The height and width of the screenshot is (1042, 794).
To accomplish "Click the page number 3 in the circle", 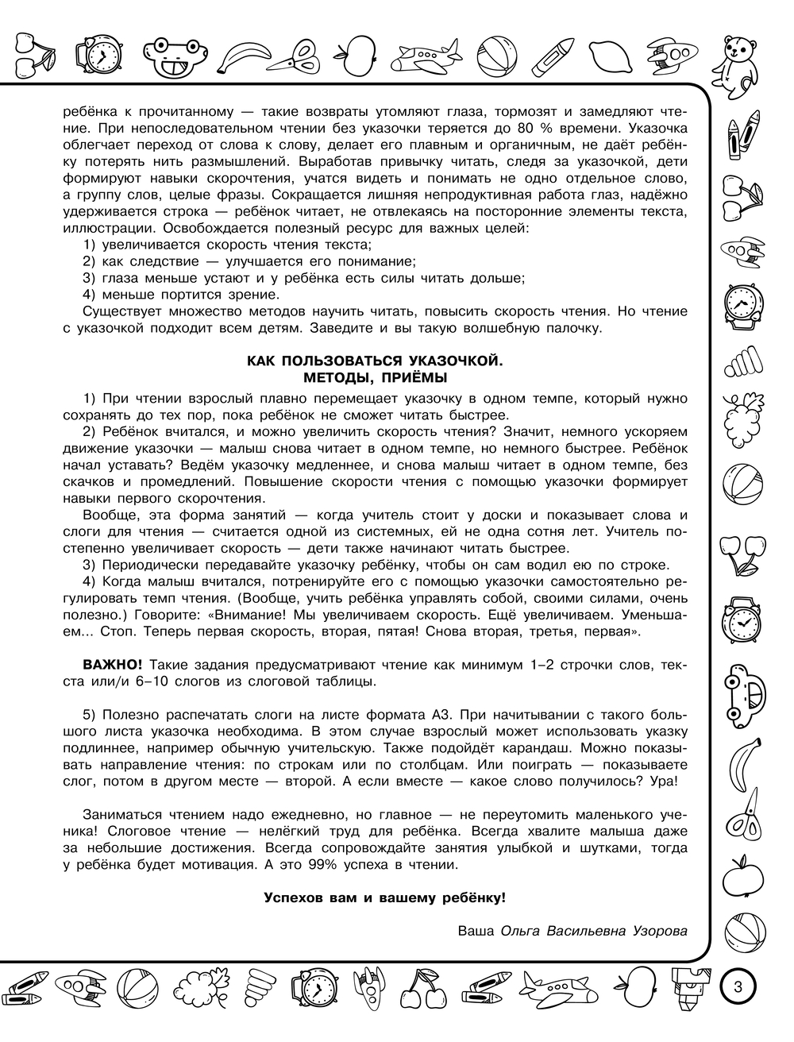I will tap(738, 987).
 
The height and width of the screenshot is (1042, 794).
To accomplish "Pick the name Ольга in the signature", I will tap(521, 931).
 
